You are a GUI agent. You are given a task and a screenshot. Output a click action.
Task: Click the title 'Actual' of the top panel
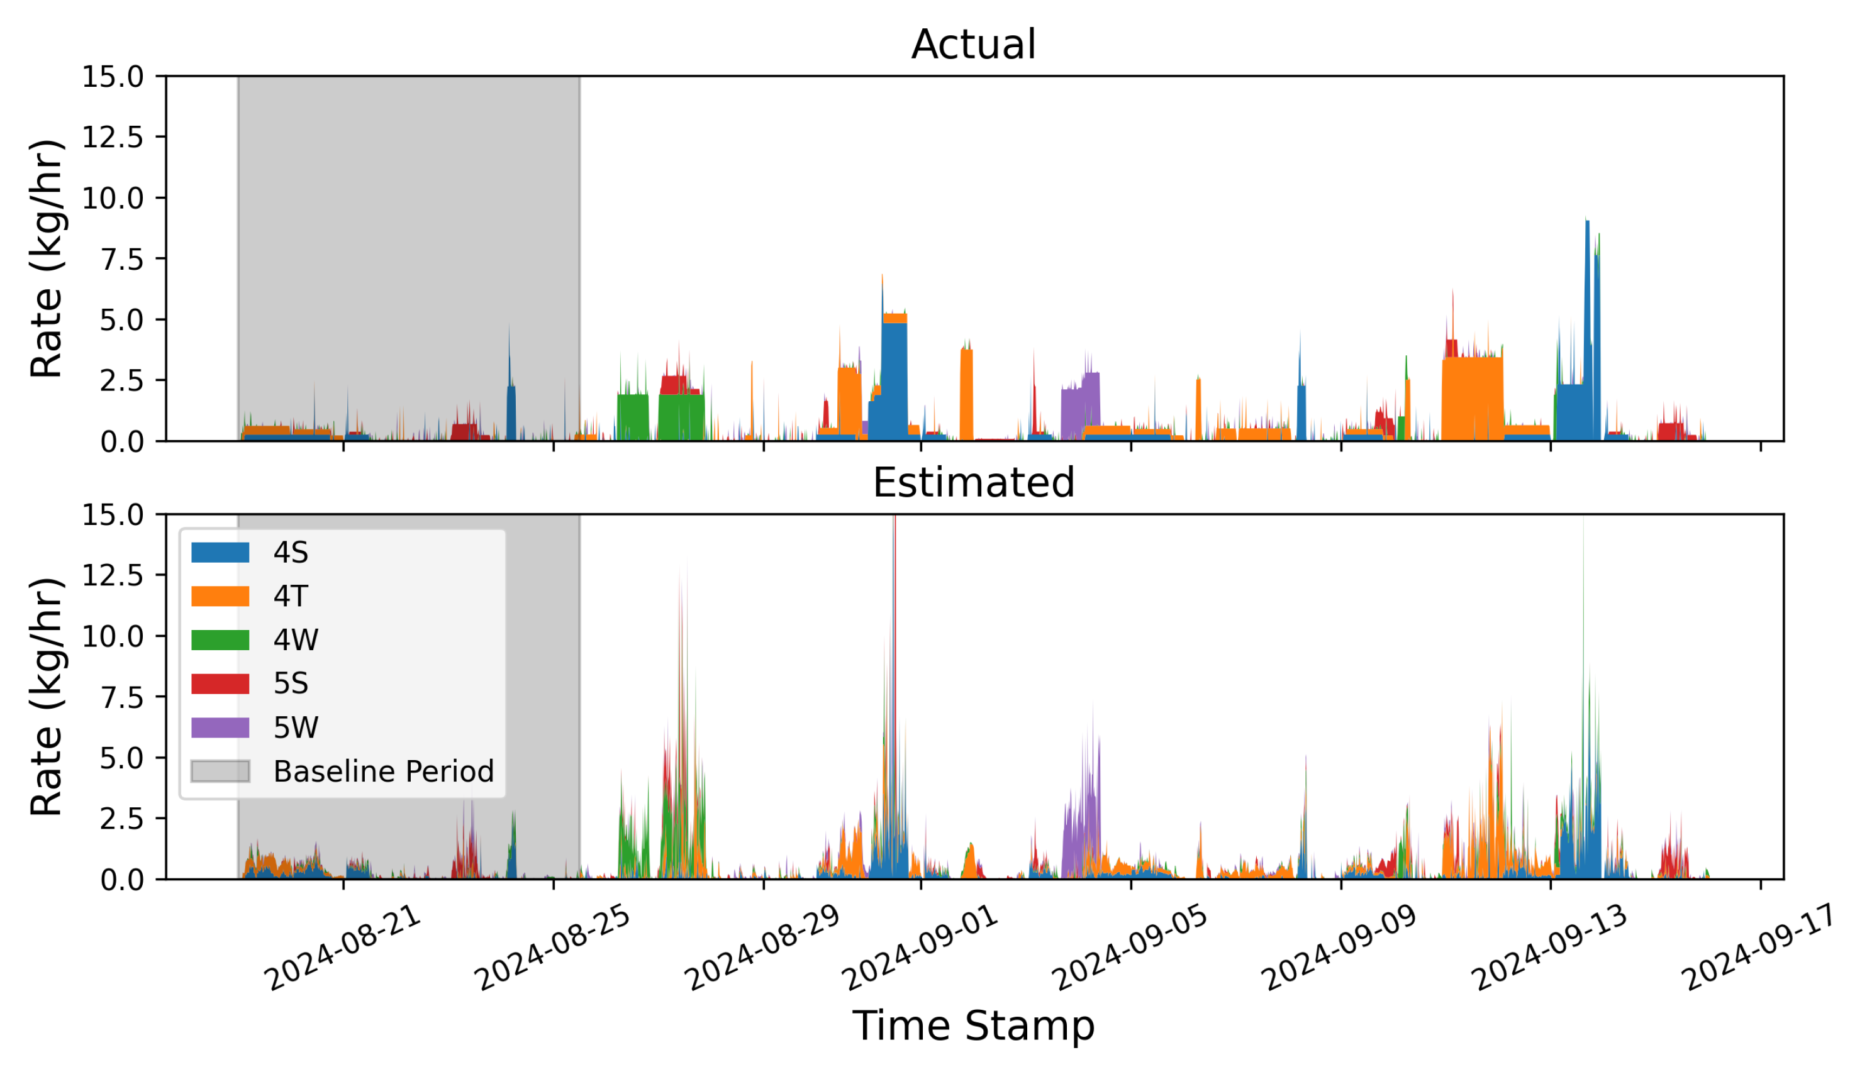[972, 45]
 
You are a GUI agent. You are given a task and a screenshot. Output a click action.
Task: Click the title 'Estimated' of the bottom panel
[972, 483]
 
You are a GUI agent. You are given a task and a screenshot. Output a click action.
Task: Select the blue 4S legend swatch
[220, 553]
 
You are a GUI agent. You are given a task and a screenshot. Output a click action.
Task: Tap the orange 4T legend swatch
[220, 596]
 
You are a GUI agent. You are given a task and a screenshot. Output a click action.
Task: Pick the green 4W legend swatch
[220, 640]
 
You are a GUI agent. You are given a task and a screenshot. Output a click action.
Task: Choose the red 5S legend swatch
[220, 683]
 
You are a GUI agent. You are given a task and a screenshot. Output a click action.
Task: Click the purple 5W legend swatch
[220, 727]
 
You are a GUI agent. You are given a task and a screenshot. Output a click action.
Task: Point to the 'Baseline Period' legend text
[383, 771]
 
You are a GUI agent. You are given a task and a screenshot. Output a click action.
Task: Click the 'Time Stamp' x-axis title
[972, 1026]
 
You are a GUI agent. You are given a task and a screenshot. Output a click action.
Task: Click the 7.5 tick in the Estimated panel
[121, 697]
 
